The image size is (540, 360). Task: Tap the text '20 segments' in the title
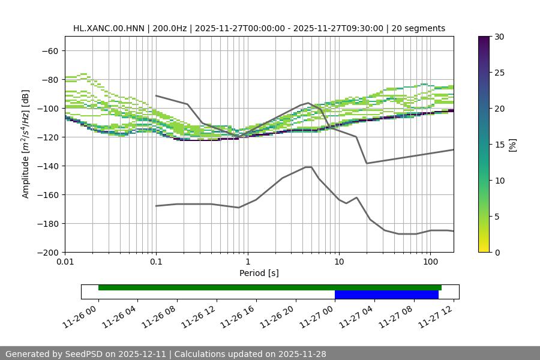coord(418,28)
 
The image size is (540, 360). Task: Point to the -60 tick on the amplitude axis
coord(50,50)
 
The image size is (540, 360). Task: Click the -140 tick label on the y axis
coord(47,166)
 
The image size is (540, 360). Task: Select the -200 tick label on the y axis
coord(47,252)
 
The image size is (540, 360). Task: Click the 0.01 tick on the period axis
coord(65,262)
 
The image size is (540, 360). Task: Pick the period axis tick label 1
coord(247,262)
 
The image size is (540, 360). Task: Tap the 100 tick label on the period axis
coord(430,262)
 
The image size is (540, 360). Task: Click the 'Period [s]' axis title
coord(259,273)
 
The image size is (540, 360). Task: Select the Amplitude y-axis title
coord(26,144)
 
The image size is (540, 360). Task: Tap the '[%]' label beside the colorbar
coord(512,145)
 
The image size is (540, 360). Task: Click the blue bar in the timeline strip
coord(386,295)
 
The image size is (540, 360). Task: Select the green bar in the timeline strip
coord(269,287)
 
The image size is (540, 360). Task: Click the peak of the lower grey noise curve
coord(308,167)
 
